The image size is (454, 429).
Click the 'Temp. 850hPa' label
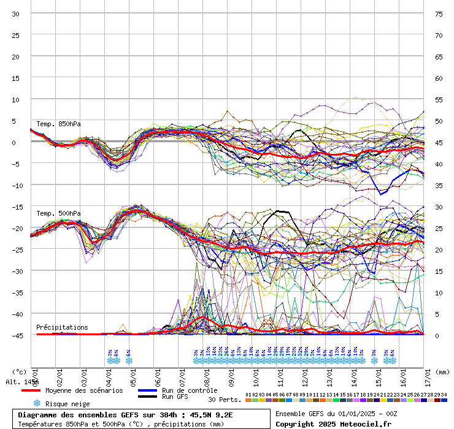tap(58, 124)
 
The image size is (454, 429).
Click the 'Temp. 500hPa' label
tap(58, 214)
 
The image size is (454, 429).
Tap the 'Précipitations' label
tap(62, 327)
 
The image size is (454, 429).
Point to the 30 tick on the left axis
tap(16, 14)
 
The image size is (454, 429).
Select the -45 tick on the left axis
tap(18, 336)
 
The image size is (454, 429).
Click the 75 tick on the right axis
tap(439, 14)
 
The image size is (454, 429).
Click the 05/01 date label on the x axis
tap(133, 374)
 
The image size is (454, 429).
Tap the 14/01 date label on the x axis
tap(353, 374)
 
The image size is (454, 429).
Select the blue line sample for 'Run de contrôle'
tap(147, 390)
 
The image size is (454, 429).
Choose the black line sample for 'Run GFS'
tap(147, 397)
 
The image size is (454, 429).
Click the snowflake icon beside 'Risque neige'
tap(37, 403)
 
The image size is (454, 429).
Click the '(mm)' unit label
tap(443, 371)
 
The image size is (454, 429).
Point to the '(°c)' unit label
tap(20, 371)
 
